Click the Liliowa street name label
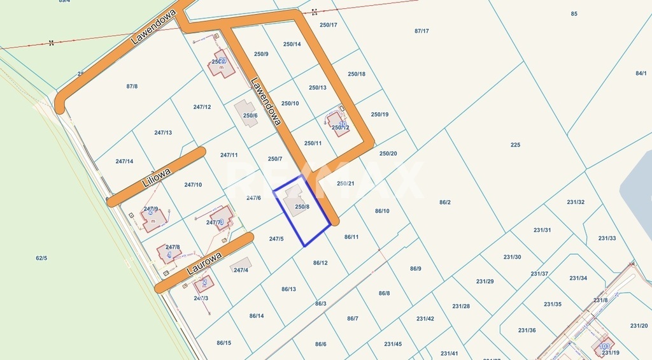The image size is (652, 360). (x=153, y=176)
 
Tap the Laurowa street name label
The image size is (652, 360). (x=204, y=263)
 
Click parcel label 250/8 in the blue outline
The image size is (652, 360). (x=302, y=206)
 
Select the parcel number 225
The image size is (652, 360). (x=515, y=145)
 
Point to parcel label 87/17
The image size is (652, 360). (x=422, y=31)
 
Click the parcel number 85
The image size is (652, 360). (x=574, y=14)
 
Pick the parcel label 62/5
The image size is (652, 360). (x=41, y=258)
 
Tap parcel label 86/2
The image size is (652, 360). (x=444, y=202)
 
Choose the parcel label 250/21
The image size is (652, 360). (x=345, y=184)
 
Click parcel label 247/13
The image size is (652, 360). (x=163, y=133)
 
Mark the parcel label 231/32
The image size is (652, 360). (x=576, y=202)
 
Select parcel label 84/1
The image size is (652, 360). (x=641, y=73)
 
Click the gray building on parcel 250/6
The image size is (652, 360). (x=246, y=112)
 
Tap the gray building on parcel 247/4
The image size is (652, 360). (x=241, y=263)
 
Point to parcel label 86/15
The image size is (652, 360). (x=223, y=343)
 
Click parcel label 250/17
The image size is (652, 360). (x=328, y=25)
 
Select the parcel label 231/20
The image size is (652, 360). (x=639, y=326)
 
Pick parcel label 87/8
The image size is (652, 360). (x=132, y=86)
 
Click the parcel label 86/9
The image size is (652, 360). (x=415, y=268)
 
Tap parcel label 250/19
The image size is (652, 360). (x=379, y=115)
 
